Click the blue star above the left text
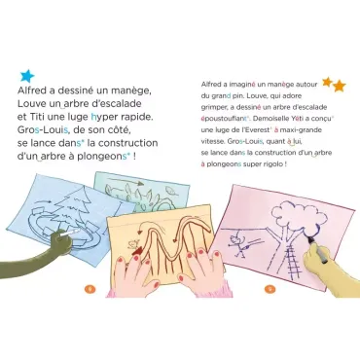[x=27, y=76]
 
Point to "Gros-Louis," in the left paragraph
[x=44, y=130]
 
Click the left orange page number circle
[x=90, y=288]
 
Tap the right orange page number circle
[x=270, y=288]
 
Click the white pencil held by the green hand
[x=70, y=233]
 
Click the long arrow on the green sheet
[x=126, y=181]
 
